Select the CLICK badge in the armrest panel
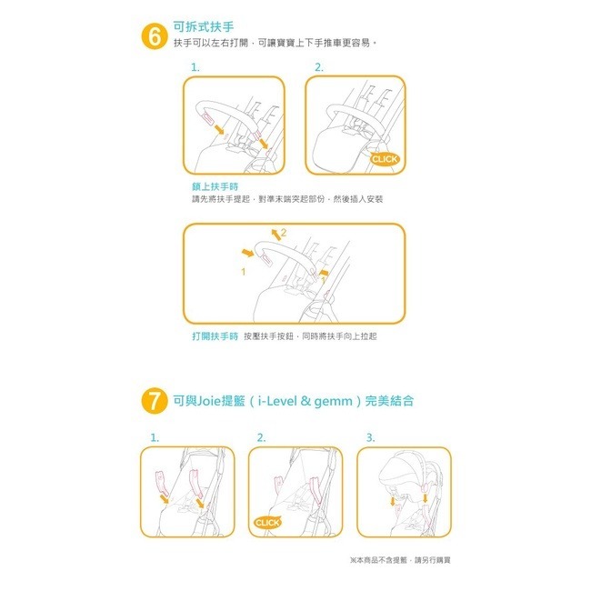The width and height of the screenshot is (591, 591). [x=385, y=159]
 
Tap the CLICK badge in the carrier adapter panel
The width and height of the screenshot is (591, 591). [x=267, y=523]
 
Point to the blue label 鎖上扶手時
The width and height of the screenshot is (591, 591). [x=209, y=186]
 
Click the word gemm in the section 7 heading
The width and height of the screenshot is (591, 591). [x=336, y=400]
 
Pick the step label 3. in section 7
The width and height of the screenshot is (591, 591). [x=370, y=438]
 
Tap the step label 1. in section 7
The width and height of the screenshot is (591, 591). [x=155, y=438]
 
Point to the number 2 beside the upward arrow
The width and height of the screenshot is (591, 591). [x=283, y=234]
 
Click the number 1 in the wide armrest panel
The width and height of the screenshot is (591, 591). [x=243, y=271]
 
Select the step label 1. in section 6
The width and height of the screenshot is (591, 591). [x=195, y=68]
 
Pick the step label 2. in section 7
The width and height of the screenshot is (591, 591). [x=262, y=438]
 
